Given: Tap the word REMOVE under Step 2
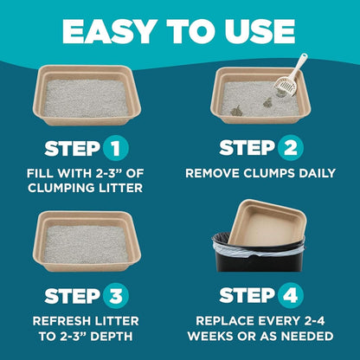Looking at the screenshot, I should (x=215, y=172).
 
